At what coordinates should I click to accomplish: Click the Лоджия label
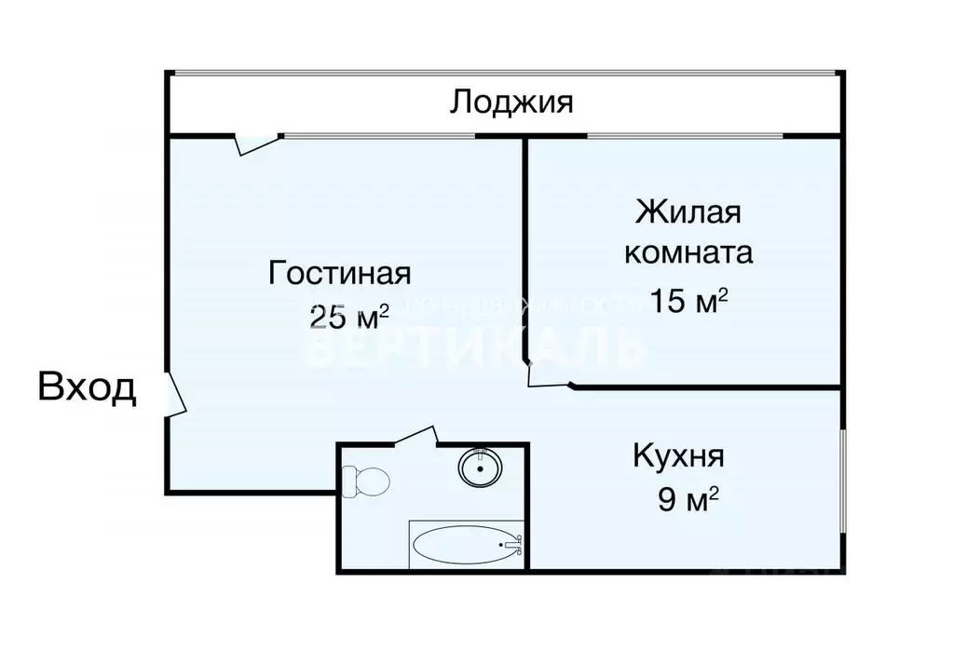[x=511, y=102]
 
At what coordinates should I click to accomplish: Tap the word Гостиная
[x=339, y=274]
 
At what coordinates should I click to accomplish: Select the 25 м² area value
[x=348, y=317]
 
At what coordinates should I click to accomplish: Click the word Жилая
[x=688, y=212]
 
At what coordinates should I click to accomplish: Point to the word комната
[x=688, y=253]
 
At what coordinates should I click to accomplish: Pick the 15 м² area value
[x=688, y=302]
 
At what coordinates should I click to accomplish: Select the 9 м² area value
[x=688, y=501]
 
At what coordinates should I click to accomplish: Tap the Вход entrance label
[x=87, y=387]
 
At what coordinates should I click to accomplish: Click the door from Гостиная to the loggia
[x=255, y=142]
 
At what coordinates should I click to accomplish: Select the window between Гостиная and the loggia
[x=377, y=137]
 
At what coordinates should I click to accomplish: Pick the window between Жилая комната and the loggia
[x=685, y=137]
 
